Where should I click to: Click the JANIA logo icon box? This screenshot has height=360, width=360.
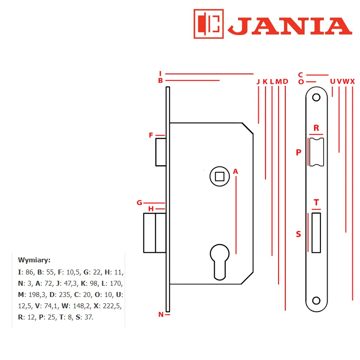(208, 24)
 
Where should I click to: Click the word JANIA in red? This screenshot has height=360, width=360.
(290, 26)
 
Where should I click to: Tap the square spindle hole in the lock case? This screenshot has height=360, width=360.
(220, 176)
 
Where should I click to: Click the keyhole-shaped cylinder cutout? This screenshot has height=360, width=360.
(220, 262)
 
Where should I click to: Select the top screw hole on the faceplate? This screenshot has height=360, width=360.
(316, 97)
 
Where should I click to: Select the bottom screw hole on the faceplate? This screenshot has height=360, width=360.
(316, 301)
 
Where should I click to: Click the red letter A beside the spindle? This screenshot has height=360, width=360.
(235, 171)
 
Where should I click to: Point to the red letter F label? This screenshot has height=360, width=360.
(151, 135)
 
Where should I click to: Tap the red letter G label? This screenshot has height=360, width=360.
(139, 203)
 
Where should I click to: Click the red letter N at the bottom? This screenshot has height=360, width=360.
(161, 315)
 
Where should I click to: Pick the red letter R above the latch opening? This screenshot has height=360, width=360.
(316, 128)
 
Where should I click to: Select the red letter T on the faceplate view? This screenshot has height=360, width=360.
(316, 202)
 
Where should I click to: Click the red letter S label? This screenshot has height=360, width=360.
(298, 234)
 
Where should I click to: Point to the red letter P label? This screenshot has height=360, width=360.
(298, 152)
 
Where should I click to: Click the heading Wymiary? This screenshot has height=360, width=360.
(34, 260)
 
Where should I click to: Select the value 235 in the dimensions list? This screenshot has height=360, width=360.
(65, 295)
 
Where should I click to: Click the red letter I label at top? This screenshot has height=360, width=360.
(160, 73)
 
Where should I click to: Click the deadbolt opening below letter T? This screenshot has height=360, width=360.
(316, 233)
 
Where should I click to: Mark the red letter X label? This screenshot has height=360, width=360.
(353, 81)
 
